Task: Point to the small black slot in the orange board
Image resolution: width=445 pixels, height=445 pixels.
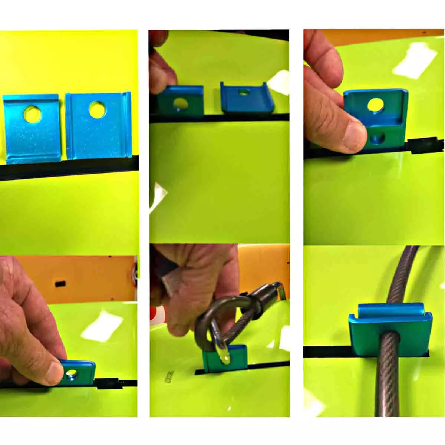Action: pos(59,284)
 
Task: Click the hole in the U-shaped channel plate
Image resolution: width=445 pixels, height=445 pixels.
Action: pos(243,92)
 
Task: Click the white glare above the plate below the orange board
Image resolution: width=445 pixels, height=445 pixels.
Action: pos(102,326)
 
